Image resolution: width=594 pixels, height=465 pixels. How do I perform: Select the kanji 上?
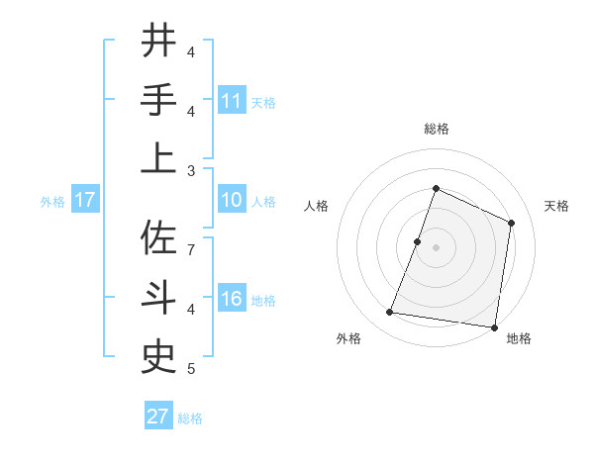click(x=159, y=158)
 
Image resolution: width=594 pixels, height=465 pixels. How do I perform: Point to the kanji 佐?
click(x=159, y=237)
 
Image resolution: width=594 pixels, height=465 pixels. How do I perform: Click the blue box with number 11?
click(x=232, y=101)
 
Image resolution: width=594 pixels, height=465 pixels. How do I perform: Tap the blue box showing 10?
click(x=232, y=201)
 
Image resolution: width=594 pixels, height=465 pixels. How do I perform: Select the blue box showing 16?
click(x=232, y=300)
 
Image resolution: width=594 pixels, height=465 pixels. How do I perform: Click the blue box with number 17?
click(x=84, y=201)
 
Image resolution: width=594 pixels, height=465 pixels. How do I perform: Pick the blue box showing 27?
click(x=158, y=417)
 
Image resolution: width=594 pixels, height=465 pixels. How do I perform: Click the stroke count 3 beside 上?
click(x=191, y=170)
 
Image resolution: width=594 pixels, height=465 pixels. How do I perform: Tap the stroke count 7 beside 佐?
click(x=191, y=249)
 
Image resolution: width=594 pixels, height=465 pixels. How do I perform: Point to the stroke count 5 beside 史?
click(x=191, y=369)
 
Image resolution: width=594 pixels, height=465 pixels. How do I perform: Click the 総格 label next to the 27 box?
click(x=190, y=418)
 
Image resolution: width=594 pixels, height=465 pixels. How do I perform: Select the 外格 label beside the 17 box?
click(x=52, y=202)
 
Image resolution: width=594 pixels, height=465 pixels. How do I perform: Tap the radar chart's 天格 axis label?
click(x=556, y=206)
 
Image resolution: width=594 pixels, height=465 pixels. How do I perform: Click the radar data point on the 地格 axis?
click(x=494, y=326)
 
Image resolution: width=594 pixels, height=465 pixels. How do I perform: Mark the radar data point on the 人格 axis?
click(x=418, y=241)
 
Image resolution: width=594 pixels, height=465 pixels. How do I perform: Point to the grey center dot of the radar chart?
click(x=436, y=247)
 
